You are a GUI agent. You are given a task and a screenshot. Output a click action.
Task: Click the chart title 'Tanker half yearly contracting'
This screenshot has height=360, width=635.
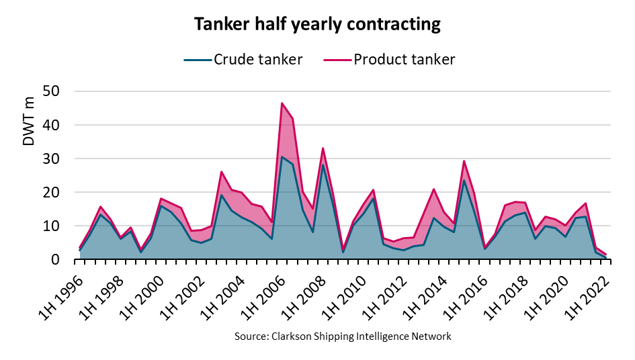[x=317, y=25]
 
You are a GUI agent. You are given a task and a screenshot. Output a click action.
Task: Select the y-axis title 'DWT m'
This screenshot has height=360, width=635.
[x=29, y=121]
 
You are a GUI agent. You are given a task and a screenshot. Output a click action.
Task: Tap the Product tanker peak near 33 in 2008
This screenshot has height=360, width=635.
[x=323, y=148]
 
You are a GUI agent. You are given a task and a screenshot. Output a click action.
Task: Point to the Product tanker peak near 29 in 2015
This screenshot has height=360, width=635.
[x=464, y=161]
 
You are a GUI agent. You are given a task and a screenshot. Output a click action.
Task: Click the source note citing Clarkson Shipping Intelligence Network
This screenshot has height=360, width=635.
[x=343, y=336]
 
